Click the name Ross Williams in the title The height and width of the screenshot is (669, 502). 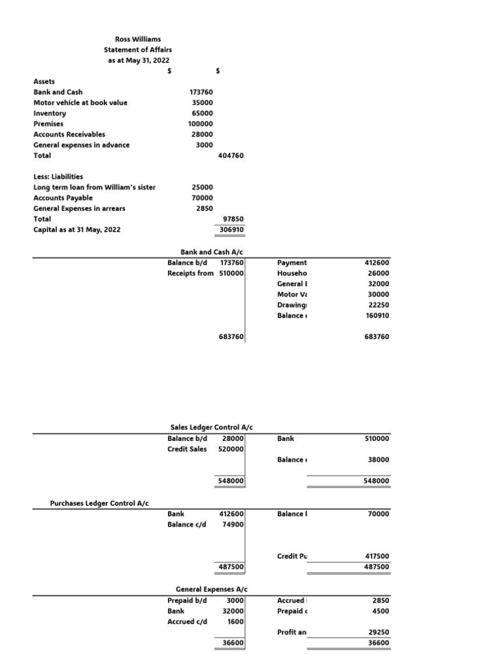[x=137, y=39]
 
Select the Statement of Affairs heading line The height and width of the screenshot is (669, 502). [x=137, y=50]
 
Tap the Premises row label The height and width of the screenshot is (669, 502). [x=49, y=123]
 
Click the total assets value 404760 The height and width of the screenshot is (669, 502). [x=231, y=155]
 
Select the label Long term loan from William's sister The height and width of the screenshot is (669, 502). [x=94, y=187]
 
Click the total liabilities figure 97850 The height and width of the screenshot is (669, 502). [x=233, y=219]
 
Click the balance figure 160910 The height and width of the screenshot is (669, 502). [x=377, y=316]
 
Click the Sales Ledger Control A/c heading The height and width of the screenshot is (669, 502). [x=211, y=427]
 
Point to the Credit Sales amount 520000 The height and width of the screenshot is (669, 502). [x=231, y=449]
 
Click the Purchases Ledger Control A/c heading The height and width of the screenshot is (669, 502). [x=99, y=502]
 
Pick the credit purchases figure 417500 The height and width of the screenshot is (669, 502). [x=377, y=556]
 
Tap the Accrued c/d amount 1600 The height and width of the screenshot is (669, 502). [x=235, y=621]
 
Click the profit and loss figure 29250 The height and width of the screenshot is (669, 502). [x=379, y=632]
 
